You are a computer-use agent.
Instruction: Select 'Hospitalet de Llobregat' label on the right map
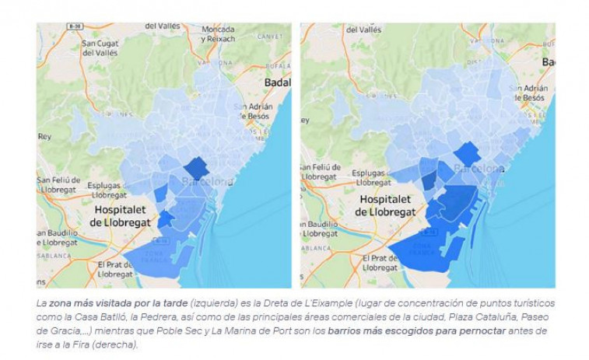coord(387,205)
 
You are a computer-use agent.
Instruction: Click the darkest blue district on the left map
coord(196,167)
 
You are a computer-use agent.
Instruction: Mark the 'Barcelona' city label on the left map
coord(207,182)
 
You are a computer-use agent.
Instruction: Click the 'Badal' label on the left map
coord(277,82)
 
